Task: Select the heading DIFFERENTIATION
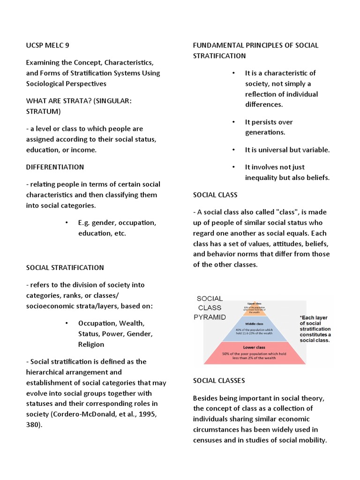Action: coord(55,167)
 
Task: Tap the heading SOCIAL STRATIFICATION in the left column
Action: coord(65,268)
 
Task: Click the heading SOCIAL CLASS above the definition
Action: coord(215,195)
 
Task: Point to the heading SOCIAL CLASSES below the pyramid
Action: coord(219,381)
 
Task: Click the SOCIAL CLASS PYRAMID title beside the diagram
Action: coord(210,307)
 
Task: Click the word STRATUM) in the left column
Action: coord(43,112)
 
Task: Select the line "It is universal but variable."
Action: coord(287,150)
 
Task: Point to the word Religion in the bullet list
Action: coord(91,345)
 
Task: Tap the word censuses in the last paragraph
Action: coord(209,440)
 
